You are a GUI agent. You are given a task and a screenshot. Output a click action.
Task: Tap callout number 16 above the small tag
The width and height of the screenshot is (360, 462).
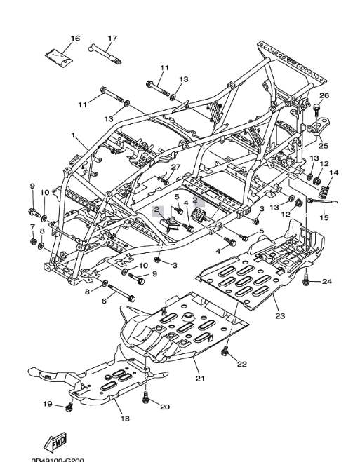tap(75, 38)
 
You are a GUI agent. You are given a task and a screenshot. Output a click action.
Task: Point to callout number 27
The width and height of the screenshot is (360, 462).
tap(175, 167)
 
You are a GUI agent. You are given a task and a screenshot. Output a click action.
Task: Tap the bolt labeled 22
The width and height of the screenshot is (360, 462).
tap(225, 351)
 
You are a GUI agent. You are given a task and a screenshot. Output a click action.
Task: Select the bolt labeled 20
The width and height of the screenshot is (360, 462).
tap(146, 398)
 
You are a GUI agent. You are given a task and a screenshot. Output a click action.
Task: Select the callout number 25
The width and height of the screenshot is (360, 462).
tap(324, 146)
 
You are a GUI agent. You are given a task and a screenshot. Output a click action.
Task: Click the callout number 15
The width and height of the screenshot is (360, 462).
tap(324, 218)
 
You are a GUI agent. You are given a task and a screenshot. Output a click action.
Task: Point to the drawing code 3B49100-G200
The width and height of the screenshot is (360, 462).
tap(58, 459)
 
